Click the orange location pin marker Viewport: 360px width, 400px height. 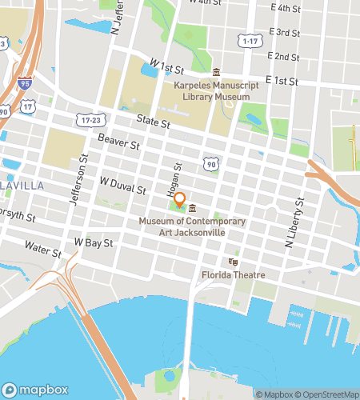point(180,200)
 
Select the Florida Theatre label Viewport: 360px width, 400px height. point(233,276)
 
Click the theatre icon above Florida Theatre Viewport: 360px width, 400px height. point(234,262)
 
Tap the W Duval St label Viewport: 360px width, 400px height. point(122,187)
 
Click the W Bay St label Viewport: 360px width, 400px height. point(93,242)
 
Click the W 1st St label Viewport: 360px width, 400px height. point(167,62)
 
